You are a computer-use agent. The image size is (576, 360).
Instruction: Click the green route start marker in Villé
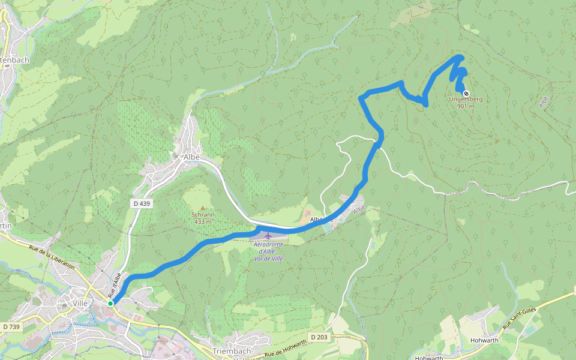[x=111, y=304]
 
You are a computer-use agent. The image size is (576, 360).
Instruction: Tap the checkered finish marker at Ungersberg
[x=466, y=94]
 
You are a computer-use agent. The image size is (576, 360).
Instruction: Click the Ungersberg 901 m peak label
[x=466, y=103]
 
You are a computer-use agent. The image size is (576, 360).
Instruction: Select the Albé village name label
[x=191, y=157]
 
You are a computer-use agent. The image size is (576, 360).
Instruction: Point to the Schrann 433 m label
[x=203, y=218]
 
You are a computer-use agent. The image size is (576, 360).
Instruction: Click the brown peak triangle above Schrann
[x=203, y=208]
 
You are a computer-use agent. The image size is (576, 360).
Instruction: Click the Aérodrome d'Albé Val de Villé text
[x=268, y=251]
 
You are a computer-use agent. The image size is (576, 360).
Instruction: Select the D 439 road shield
[x=142, y=203]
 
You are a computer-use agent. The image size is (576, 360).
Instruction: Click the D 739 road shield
[x=11, y=326]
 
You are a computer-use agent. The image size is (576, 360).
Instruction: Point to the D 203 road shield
[x=319, y=337]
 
